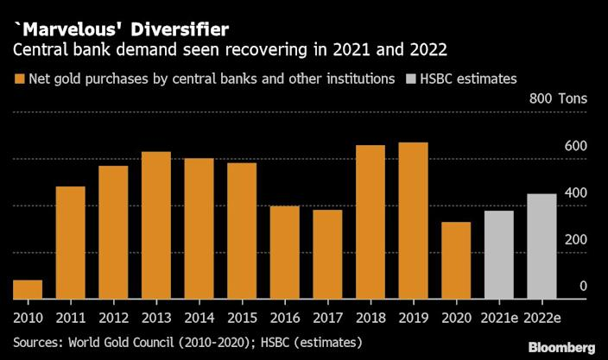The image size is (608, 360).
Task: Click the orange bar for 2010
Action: click(x=28, y=289)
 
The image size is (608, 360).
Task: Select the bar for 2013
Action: click(x=156, y=225)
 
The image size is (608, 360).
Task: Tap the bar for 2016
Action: click(x=285, y=252)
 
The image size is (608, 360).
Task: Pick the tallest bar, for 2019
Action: click(x=413, y=221)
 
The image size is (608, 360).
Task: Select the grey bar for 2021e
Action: click(x=499, y=255)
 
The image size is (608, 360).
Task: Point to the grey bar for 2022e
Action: click(x=541, y=246)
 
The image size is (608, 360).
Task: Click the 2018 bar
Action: click(x=370, y=222)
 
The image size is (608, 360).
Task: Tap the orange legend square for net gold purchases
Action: click(x=19, y=79)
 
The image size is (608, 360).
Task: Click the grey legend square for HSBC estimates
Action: click(x=411, y=79)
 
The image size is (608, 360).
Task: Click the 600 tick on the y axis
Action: click(x=577, y=146)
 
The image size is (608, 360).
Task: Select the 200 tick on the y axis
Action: click(x=577, y=239)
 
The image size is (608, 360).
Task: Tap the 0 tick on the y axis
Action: click(x=584, y=286)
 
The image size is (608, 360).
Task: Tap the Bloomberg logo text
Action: click(x=561, y=346)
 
